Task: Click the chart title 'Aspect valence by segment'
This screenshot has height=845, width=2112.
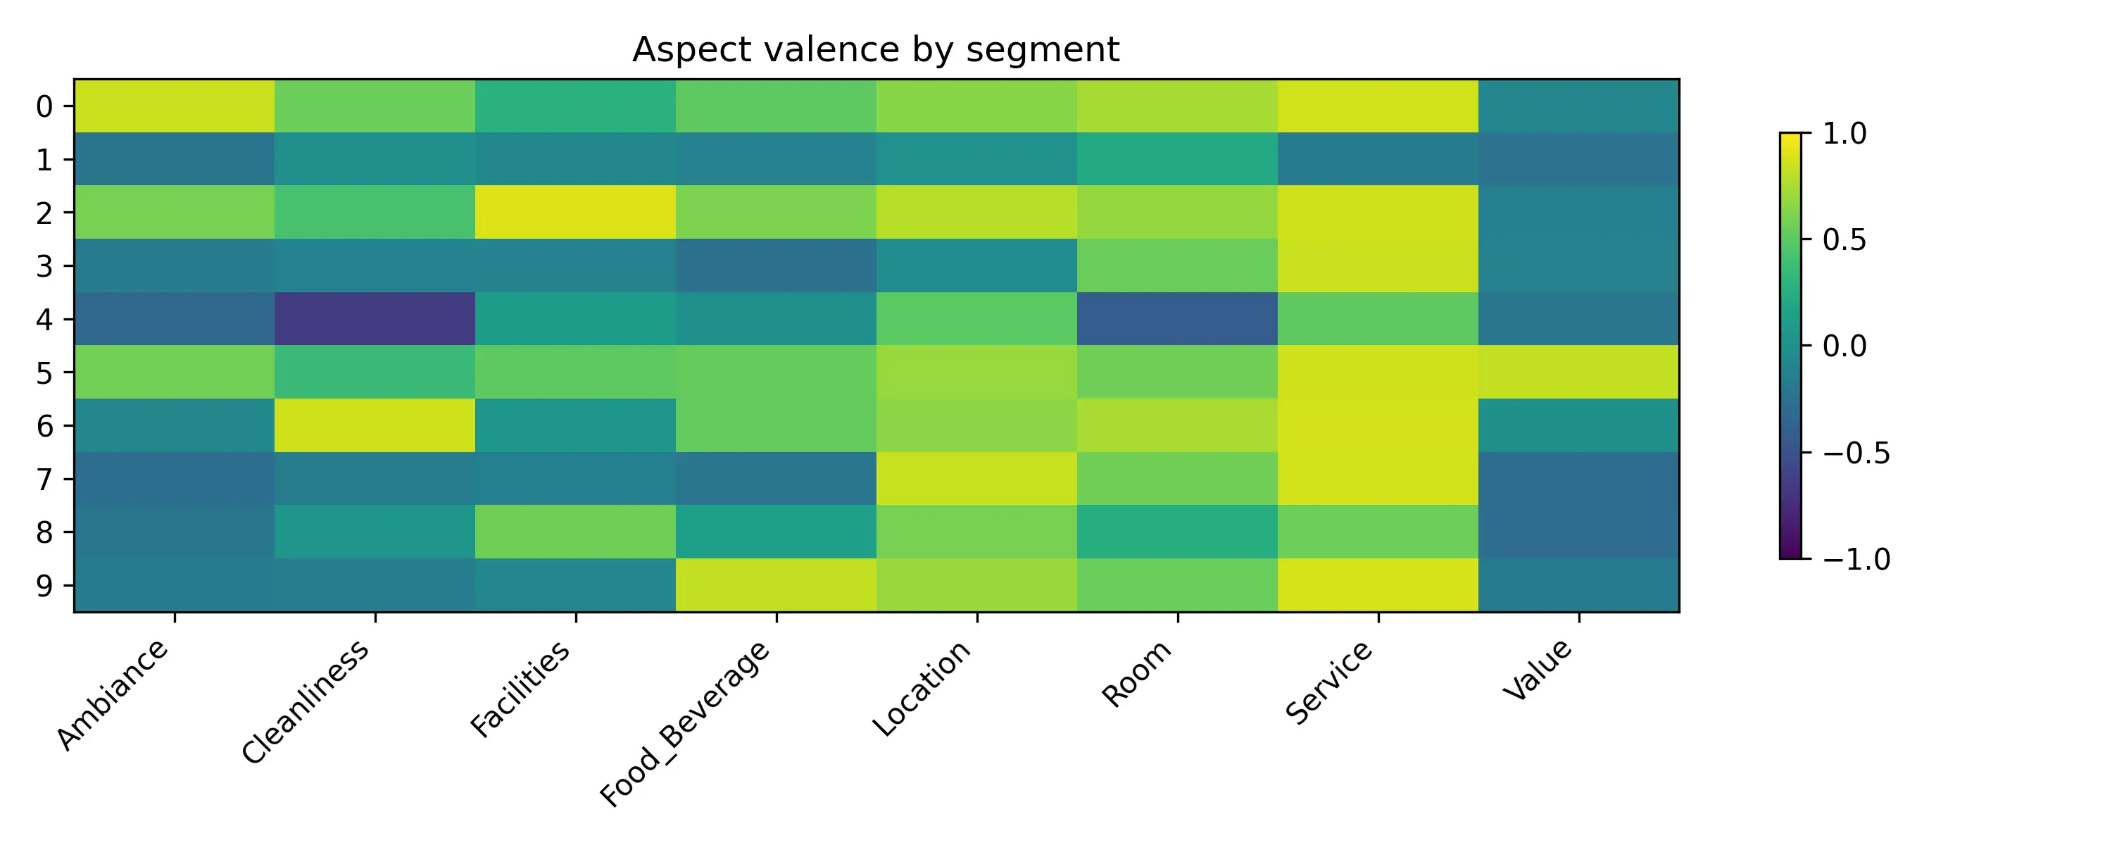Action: tap(875, 49)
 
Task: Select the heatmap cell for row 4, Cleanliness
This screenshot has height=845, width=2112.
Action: tap(375, 318)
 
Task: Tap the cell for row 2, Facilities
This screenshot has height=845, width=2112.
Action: tap(576, 212)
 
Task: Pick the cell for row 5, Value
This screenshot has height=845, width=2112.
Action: tap(1578, 372)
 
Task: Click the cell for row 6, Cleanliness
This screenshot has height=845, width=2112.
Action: tap(375, 425)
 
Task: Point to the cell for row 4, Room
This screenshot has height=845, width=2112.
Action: tap(1177, 318)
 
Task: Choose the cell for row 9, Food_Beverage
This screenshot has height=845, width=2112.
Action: tap(777, 585)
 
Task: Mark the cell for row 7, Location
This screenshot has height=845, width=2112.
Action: tap(976, 478)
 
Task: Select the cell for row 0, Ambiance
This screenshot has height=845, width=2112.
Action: tap(175, 106)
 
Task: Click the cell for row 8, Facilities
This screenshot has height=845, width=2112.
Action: tap(576, 532)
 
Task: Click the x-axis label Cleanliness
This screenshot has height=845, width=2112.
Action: tap(306, 701)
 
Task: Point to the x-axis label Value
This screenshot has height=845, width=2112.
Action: tap(1538, 670)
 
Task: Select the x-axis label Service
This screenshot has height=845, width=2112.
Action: tap(1328, 682)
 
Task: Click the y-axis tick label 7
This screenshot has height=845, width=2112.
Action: tap(45, 479)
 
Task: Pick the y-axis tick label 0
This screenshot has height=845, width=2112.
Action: tap(45, 106)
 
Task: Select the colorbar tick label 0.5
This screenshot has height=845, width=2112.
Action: tap(1844, 239)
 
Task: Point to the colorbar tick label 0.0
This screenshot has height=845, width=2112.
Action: tap(1844, 346)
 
